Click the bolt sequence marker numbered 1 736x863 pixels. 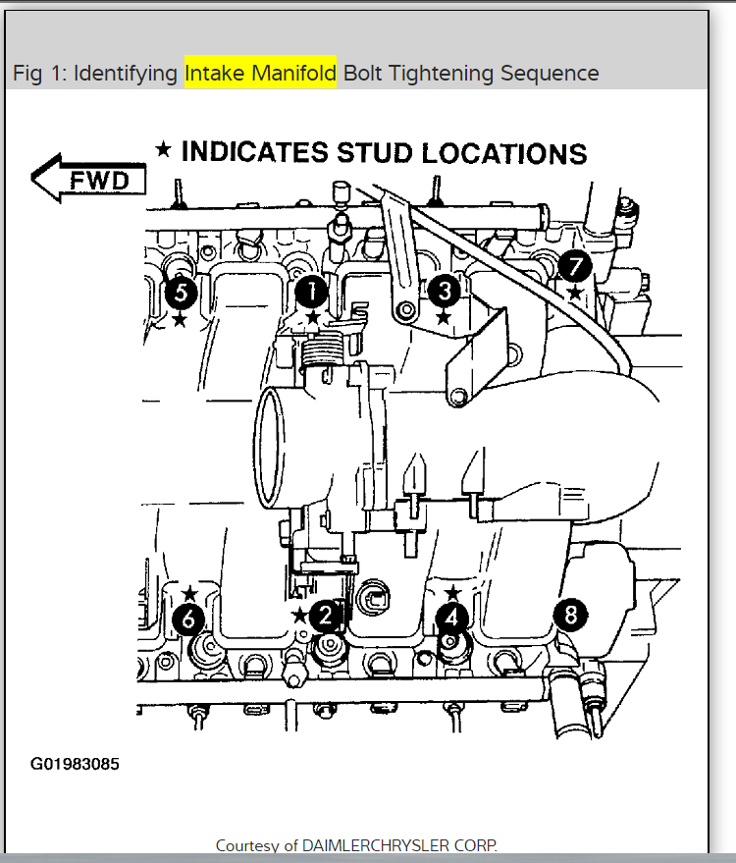point(312,291)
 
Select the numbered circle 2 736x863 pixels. point(325,616)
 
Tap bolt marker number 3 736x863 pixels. point(444,290)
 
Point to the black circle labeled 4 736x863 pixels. point(451,618)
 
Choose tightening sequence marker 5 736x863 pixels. point(180,292)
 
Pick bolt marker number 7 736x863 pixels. point(574,265)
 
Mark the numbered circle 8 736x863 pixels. point(570,616)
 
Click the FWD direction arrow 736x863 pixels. point(89,179)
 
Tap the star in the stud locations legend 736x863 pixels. point(164,149)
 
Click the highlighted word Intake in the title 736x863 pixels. point(215,74)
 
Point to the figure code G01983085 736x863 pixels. point(76,763)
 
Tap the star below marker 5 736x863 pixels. point(179,318)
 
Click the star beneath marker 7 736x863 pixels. point(574,292)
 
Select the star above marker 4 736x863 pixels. point(452,593)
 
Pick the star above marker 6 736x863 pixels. point(190,593)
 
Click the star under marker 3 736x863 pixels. point(444,316)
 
